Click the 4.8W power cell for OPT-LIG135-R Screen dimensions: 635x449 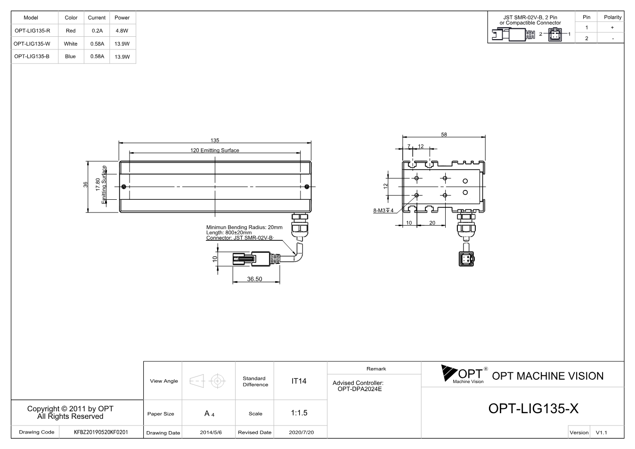(122, 31)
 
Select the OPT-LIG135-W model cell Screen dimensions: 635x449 (32, 44)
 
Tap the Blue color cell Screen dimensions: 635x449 (70, 57)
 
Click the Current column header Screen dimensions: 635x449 (97, 17)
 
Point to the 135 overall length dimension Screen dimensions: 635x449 (215, 140)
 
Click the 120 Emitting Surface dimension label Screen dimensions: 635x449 (215, 150)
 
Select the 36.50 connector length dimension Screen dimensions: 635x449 (254, 279)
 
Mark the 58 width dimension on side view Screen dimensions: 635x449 (444, 134)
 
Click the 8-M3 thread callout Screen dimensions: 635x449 (383, 210)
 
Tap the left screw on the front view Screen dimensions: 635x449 (123, 187)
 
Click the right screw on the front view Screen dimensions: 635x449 (307, 187)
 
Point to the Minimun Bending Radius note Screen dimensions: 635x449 (244, 228)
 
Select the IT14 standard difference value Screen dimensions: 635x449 (299, 381)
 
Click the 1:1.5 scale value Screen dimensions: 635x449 (299, 413)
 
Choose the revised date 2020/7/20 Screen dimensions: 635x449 (301, 433)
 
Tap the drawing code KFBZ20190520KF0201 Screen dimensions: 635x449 (101, 432)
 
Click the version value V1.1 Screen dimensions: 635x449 (601, 433)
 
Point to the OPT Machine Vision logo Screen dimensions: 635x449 (464, 375)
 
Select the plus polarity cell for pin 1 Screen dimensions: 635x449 (612, 27)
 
